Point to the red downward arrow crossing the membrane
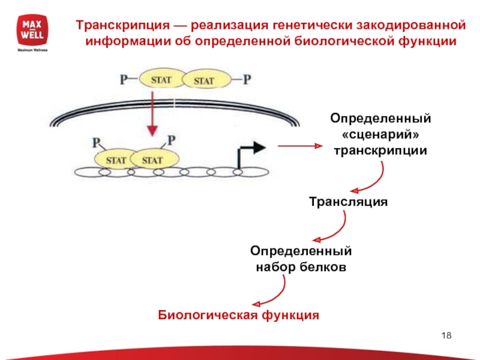153,114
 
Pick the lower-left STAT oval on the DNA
116,160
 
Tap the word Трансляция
349,202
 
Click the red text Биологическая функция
238,314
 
